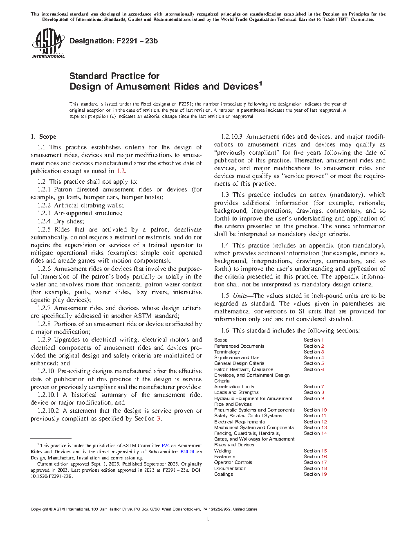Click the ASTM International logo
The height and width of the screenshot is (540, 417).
pyautogui.click(x=48, y=43)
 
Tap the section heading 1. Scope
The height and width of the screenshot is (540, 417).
pyautogui.click(x=44, y=137)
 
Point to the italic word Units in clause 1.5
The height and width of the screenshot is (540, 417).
pyautogui.click(x=240, y=296)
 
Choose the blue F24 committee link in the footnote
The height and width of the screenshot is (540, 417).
pyautogui.click(x=166, y=445)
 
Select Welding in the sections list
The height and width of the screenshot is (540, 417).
pyautogui.click(x=223, y=451)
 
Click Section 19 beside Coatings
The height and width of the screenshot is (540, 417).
pyautogui.click(x=315, y=474)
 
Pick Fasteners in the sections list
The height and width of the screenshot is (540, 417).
pyautogui.click(x=225, y=457)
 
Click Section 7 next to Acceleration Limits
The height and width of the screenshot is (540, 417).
pyautogui.click(x=314, y=387)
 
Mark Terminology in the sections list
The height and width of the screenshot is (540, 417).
pyautogui.click(x=227, y=352)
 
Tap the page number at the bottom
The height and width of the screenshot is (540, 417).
pyautogui.click(x=208, y=519)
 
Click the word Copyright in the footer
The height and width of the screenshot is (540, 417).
pyautogui.click(x=39, y=509)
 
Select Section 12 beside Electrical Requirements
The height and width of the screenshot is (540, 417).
pyautogui.click(x=315, y=422)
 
